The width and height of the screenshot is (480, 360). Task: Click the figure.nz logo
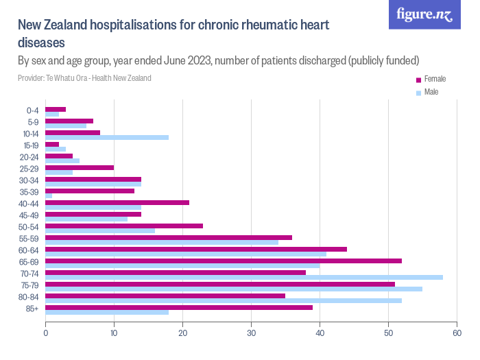coord(424,15)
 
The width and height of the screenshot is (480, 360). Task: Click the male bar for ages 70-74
coord(243,277)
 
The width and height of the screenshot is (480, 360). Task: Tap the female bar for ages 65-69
coord(223,261)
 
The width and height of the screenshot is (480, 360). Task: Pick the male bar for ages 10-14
coord(106,137)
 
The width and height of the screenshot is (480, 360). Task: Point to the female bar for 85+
coord(178,307)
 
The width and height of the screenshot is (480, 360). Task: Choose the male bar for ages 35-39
coord(49,196)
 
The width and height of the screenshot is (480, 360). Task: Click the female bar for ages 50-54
coord(123,226)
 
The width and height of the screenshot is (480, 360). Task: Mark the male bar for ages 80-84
coord(223,300)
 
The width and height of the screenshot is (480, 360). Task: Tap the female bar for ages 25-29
coord(79,167)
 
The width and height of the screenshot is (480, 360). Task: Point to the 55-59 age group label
coord(29,239)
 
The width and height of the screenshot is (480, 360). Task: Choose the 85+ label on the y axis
coord(33,309)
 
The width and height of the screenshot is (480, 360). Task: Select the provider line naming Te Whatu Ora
coord(84,78)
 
